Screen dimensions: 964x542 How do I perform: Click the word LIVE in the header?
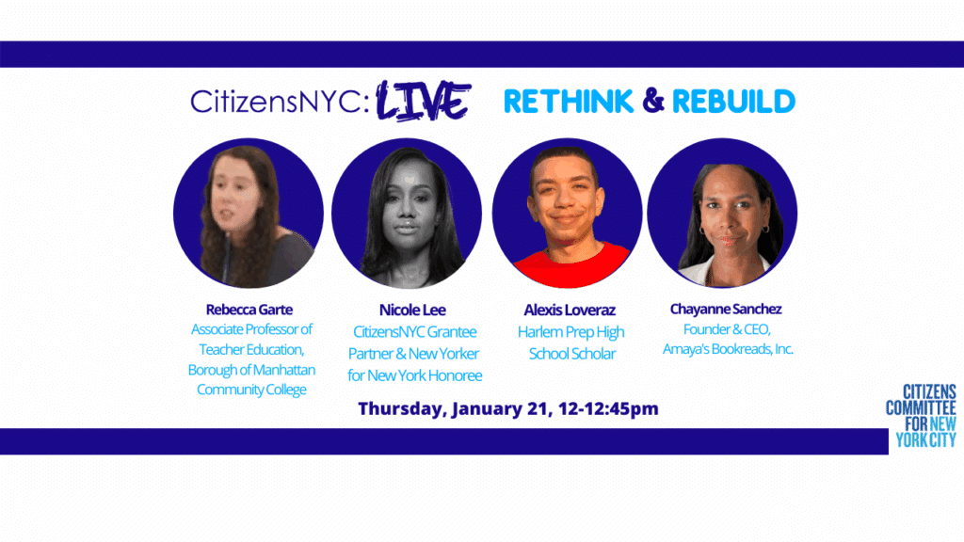[423, 100]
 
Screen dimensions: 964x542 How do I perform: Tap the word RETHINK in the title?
[568, 102]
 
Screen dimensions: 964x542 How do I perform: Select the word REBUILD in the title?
[733, 102]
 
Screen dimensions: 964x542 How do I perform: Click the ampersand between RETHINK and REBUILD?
[653, 101]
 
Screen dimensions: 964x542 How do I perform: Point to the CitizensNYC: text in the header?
[280, 102]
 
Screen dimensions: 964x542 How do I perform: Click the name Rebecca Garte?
[249, 310]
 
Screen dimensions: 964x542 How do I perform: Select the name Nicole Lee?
[412, 311]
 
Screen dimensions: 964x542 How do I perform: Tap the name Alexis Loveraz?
[570, 311]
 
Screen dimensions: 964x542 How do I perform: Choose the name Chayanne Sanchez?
[726, 309]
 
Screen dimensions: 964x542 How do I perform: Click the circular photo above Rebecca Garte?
[249, 214]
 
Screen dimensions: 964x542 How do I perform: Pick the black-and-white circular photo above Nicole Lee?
[407, 214]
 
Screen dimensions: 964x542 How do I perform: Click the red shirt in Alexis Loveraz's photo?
[571, 265]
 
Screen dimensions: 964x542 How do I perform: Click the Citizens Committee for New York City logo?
[921, 416]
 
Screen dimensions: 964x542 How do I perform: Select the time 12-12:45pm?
[609, 409]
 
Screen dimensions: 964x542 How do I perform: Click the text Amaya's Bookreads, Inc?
[728, 349]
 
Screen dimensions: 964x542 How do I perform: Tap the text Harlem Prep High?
[570, 332]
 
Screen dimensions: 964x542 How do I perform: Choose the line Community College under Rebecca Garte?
[251, 390]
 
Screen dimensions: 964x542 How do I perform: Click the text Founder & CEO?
[727, 329]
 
